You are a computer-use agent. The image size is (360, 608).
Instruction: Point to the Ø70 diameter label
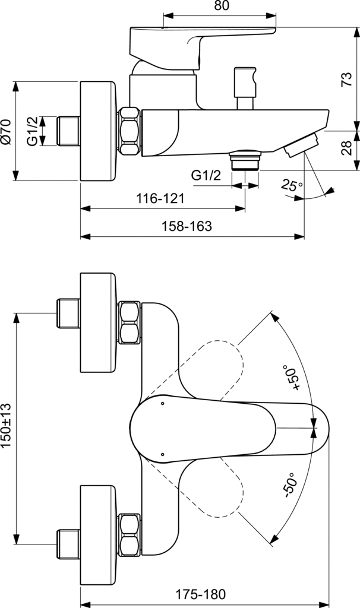click(7, 131)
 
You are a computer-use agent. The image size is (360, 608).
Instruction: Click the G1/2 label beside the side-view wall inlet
click(33, 131)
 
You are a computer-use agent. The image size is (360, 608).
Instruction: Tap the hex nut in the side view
click(130, 131)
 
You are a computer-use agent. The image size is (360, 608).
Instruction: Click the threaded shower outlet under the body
click(244, 160)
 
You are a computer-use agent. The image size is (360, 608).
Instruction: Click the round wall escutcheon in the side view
click(97, 131)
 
